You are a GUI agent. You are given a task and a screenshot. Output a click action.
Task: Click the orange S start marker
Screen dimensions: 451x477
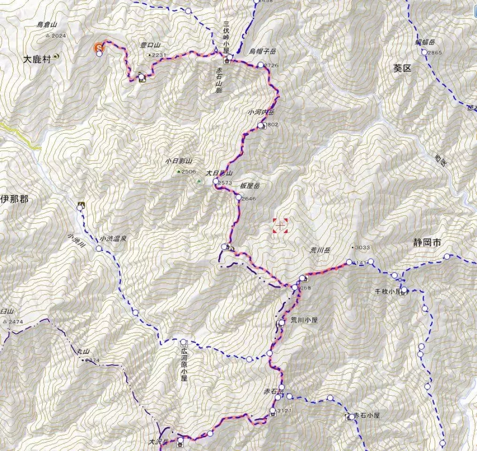(x=99, y=47)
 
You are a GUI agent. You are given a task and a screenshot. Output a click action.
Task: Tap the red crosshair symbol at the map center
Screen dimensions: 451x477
(x=280, y=226)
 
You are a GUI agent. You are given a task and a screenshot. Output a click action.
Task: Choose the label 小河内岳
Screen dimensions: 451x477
(x=261, y=113)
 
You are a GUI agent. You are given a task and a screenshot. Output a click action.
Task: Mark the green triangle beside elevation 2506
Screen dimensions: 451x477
(x=178, y=171)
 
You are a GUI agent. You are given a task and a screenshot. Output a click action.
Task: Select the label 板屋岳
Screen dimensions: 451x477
(x=250, y=187)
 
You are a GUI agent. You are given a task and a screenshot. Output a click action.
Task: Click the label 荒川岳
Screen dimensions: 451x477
(x=321, y=250)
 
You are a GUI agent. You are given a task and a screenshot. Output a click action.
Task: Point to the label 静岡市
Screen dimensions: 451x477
(x=427, y=243)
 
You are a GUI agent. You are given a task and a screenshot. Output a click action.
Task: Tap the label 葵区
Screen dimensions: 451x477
(x=402, y=68)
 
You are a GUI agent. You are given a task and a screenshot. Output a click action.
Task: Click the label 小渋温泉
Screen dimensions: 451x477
(x=113, y=239)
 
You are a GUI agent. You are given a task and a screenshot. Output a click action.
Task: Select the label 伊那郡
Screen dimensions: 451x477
(x=14, y=199)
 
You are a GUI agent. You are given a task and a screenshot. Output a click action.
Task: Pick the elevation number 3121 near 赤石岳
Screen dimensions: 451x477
(x=285, y=411)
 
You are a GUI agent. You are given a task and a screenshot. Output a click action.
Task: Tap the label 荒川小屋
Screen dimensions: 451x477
(x=304, y=320)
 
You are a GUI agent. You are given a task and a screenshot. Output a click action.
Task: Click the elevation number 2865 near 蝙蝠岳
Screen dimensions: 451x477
(x=435, y=52)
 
